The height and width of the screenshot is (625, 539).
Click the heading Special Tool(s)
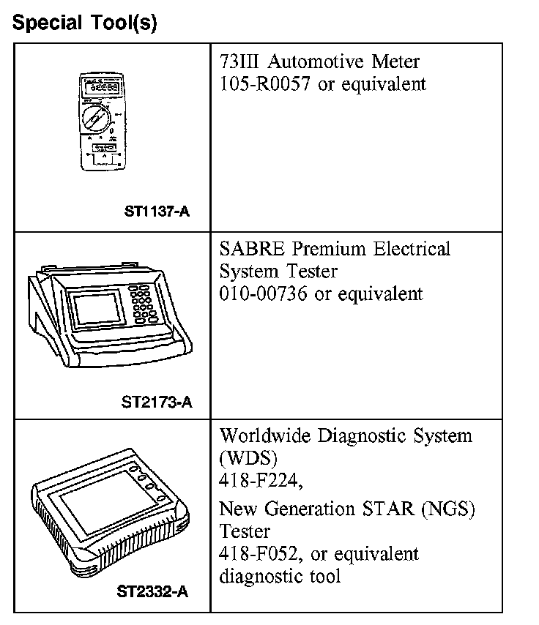85,23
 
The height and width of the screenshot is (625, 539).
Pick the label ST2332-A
152,591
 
